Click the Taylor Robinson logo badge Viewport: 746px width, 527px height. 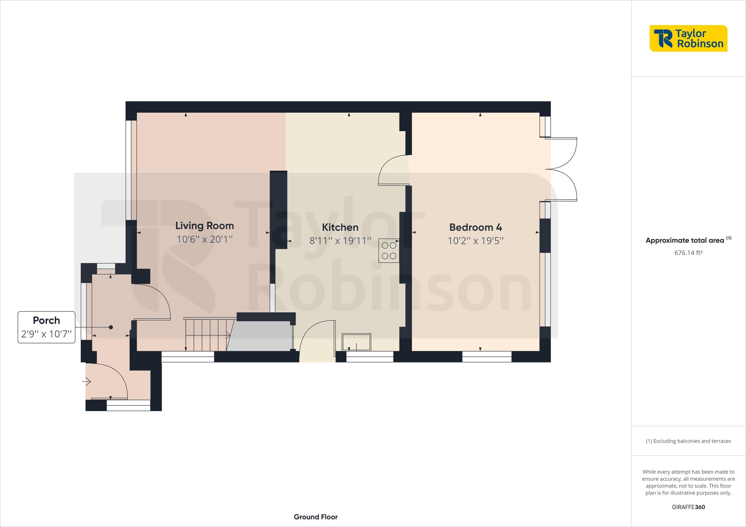(688, 38)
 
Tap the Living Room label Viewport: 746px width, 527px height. (204, 226)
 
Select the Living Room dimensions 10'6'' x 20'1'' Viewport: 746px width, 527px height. (204, 239)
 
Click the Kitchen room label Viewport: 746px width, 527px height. (340, 227)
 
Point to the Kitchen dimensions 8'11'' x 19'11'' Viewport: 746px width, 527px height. (340, 241)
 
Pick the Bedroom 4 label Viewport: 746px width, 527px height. (475, 227)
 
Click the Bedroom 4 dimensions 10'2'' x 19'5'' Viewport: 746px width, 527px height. (475, 241)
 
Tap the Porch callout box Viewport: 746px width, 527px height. (46, 327)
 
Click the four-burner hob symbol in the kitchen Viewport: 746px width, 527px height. (389, 250)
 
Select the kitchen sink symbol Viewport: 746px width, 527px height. (356, 342)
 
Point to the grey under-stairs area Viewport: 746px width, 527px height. (260, 336)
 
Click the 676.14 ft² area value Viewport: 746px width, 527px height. (688, 252)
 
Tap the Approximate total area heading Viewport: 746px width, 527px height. (684, 241)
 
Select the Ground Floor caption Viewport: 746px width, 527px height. (315, 517)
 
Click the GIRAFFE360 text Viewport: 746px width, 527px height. (688, 507)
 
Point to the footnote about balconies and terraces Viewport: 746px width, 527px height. (688, 441)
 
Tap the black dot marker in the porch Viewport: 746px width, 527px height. (111, 327)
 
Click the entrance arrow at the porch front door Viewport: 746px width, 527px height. (87, 382)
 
